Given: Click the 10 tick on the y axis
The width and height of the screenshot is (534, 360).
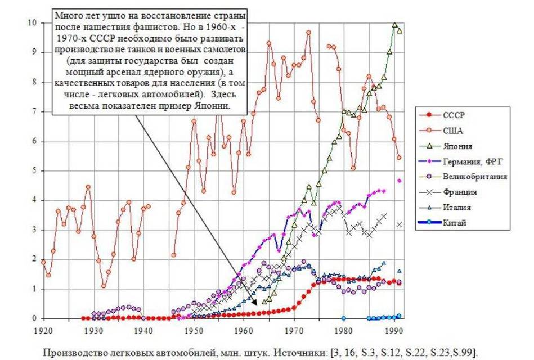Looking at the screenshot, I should (x=33, y=23).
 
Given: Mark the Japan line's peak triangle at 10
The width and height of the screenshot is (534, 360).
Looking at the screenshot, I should (x=394, y=25).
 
